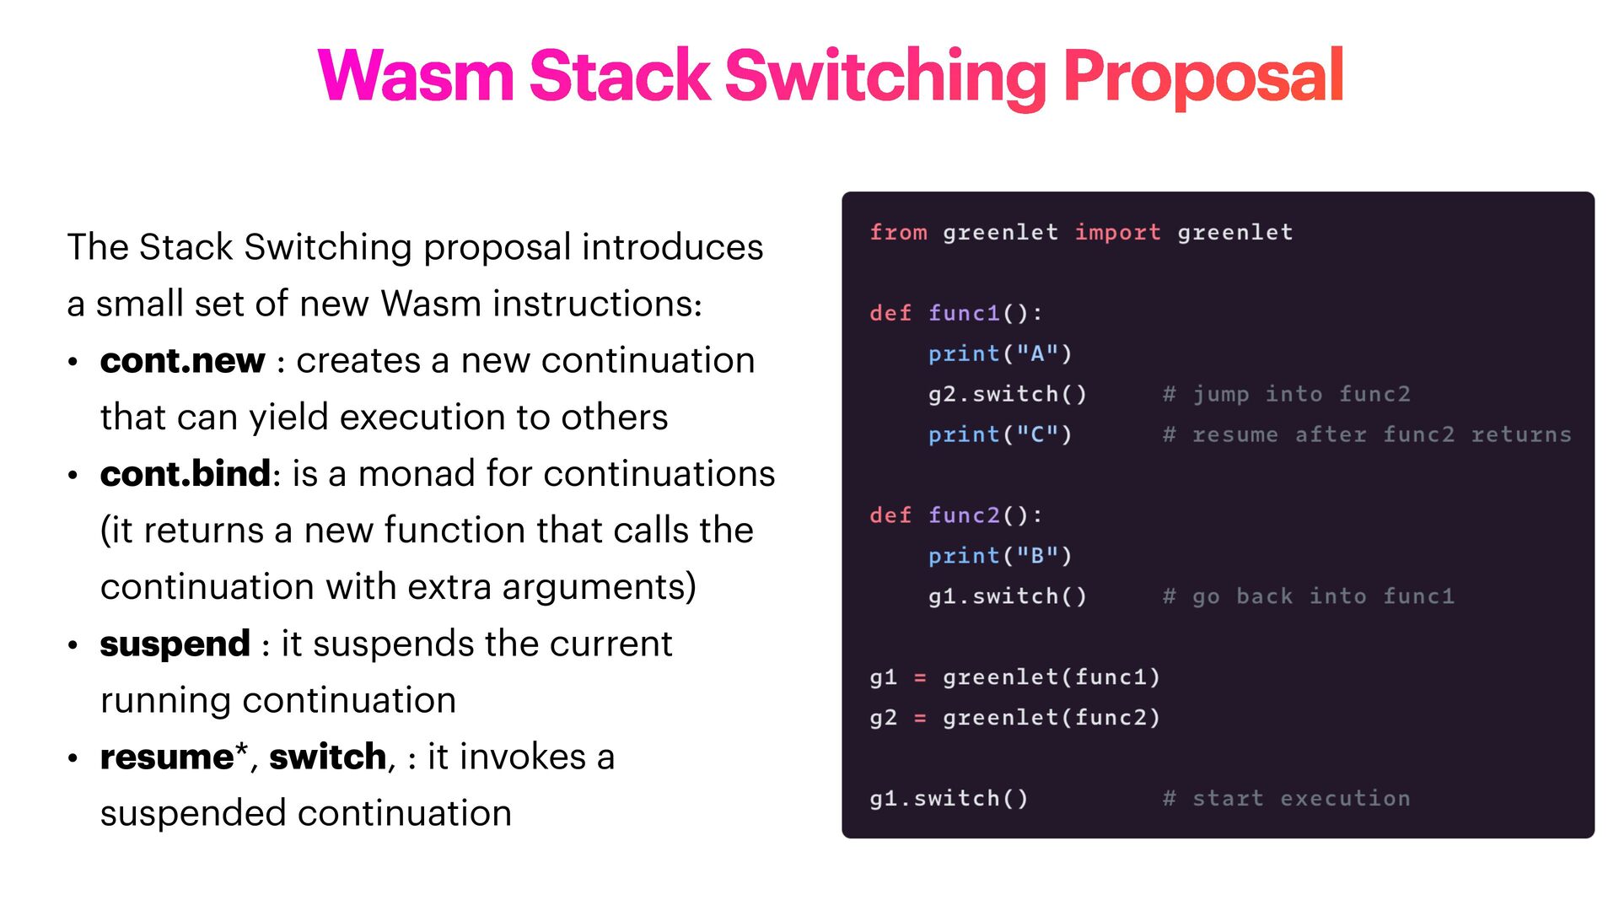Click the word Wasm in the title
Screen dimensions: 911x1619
416,76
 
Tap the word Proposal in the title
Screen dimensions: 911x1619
1203,78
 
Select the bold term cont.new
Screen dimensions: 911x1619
182,361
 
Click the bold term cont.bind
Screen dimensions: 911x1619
186,474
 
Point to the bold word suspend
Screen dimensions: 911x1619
175,644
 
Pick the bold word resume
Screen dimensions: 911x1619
167,757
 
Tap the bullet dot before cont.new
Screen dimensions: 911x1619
73,363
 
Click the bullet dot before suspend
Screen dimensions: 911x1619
73,646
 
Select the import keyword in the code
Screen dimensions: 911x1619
1117,232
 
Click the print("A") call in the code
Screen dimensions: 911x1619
1000,353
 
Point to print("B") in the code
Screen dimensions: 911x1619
1000,556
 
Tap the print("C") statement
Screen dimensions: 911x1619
1000,434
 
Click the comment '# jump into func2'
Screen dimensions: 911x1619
1286,394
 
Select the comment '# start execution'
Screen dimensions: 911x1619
1286,798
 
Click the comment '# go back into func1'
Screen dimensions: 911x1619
1308,596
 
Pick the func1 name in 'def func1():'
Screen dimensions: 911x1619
964,313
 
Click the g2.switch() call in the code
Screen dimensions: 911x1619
1008,394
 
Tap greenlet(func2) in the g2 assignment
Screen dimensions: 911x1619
1052,717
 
